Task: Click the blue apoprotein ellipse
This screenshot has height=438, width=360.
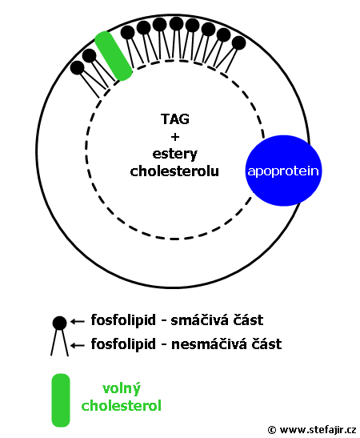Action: (283, 171)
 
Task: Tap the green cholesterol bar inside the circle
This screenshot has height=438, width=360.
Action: (114, 56)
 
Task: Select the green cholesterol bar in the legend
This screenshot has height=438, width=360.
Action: (61, 400)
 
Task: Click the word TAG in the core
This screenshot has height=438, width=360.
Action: (175, 119)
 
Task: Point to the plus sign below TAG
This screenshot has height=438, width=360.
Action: (175, 137)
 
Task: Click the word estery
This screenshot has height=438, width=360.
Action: (175, 154)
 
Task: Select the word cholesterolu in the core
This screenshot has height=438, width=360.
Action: (174, 171)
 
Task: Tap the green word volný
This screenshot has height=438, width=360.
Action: (122, 388)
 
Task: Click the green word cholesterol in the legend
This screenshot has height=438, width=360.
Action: (122, 405)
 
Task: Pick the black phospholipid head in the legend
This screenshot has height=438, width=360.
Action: (59, 323)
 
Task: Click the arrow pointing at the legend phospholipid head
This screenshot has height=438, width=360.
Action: (78, 322)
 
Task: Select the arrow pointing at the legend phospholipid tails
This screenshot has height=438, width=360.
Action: (78, 346)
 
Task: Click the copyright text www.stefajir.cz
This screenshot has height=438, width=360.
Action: (318, 429)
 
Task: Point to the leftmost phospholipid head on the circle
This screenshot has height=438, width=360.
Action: (77, 67)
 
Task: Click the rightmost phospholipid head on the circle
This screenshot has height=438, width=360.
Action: (238, 43)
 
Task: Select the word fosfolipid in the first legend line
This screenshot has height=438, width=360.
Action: (123, 320)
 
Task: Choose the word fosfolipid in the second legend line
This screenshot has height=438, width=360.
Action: (123, 344)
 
